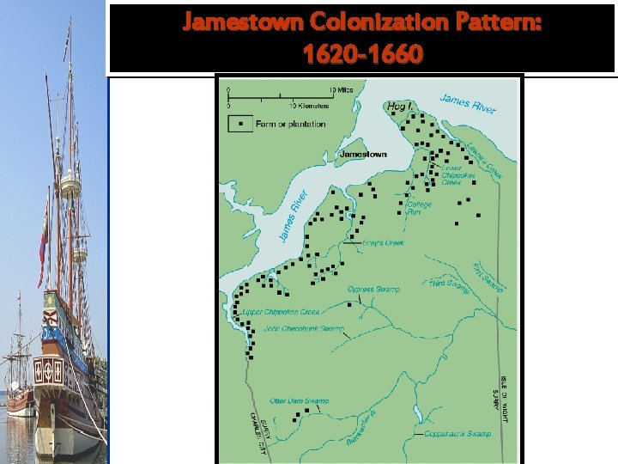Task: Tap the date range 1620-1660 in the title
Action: (x=362, y=55)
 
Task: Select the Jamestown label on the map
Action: (x=363, y=155)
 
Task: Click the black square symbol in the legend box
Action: (x=242, y=124)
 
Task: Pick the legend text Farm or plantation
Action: (x=290, y=124)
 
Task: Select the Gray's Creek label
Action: (x=383, y=243)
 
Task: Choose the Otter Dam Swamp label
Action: (x=299, y=400)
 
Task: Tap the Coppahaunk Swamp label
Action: (x=457, y=434)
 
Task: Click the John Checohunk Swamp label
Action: (x=304, y=329)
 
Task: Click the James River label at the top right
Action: (x=469, y=103)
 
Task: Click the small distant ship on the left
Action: (x=16, y=378)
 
